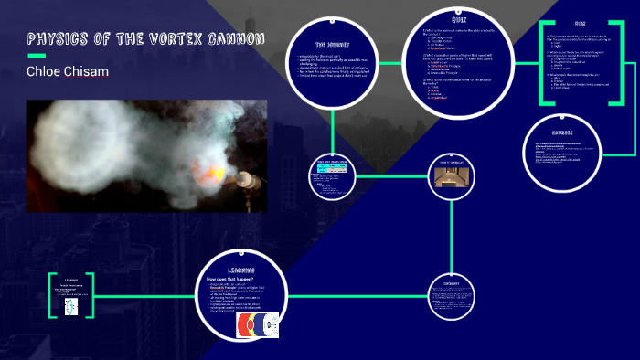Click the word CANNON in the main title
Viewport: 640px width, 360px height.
tap(237, 39)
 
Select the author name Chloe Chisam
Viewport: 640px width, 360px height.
tap(69, 71)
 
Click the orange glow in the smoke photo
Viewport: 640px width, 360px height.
tap(198, 172)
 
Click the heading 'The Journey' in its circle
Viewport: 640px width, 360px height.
tap(334, 44)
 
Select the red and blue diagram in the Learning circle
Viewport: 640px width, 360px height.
tap(250, 324)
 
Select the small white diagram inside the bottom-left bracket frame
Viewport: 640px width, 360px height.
tap(71, 309)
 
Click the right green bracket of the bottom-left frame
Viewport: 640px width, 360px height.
tap(95, 294)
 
